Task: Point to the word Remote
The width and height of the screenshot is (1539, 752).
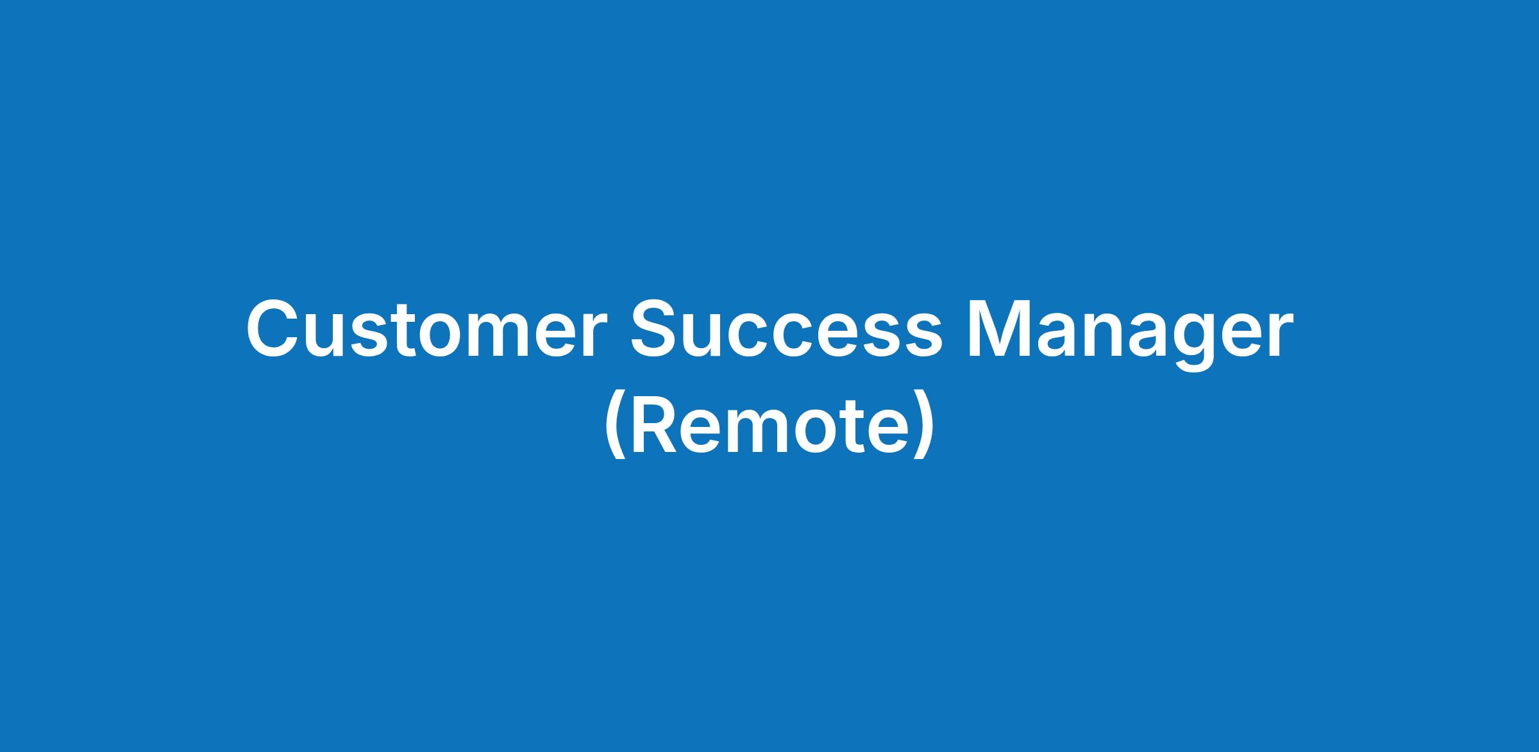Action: click(769, 425)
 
